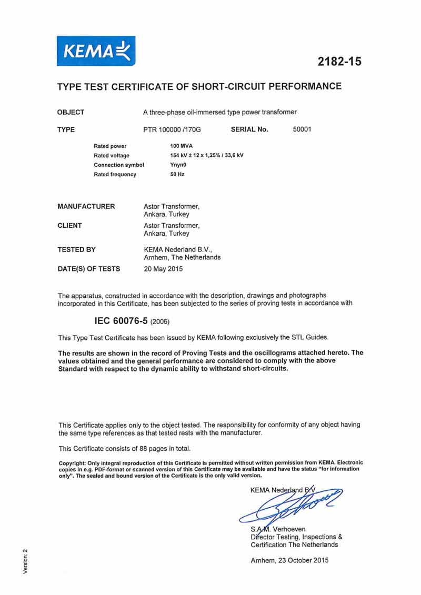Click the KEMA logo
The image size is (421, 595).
click(96, 51)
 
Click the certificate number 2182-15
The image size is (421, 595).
click(339, 62)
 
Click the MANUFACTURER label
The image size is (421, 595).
click(86, 206)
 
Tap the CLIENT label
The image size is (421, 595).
click(69, 226)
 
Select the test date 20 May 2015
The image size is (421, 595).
click(163, 269)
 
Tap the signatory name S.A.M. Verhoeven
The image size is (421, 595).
click(278, 529)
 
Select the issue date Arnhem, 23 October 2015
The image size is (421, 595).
click(289, 560)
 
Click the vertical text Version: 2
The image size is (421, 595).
click(25, 561)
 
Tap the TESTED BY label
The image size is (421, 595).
click(76, 249)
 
